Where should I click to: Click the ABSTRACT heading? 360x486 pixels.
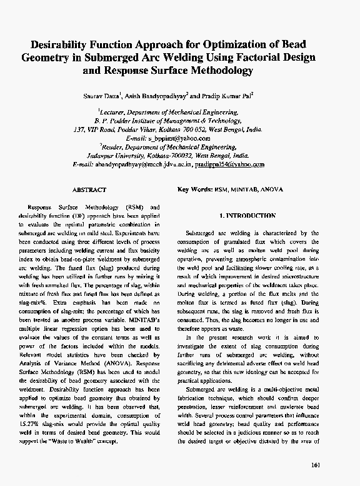point(89,190)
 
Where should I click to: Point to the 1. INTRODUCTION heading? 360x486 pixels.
point(247,216)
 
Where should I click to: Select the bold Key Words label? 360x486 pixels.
point(195,190)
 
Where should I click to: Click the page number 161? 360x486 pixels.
point(314,465)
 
